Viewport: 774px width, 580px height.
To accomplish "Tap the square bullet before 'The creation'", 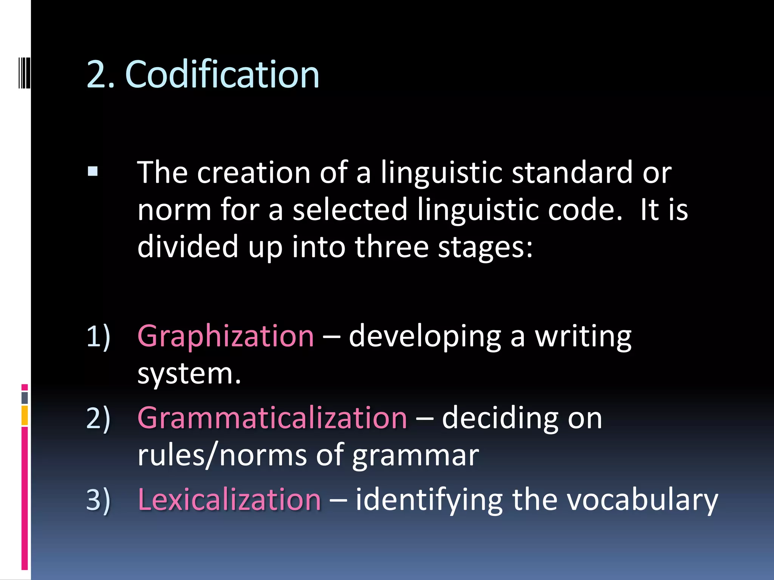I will click(x=93, y=172).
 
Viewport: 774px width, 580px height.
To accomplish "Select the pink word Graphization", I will click(x=226, y=336).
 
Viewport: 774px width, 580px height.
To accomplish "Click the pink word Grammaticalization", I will click(x=272, y=418).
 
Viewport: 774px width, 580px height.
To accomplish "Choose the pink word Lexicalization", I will click(x=229, y=500).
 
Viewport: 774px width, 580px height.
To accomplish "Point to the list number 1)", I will click(x=98, y=336).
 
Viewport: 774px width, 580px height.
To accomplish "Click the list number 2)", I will click(x=98, y=418).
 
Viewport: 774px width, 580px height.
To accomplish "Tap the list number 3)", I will click(x=98, y=500).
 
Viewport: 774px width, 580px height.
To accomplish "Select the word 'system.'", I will click(x=189, y=374).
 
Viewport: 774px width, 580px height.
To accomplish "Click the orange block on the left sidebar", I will click(x=25, y=415).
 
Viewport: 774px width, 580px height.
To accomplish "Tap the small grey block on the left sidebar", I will click(x=25, y=398).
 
